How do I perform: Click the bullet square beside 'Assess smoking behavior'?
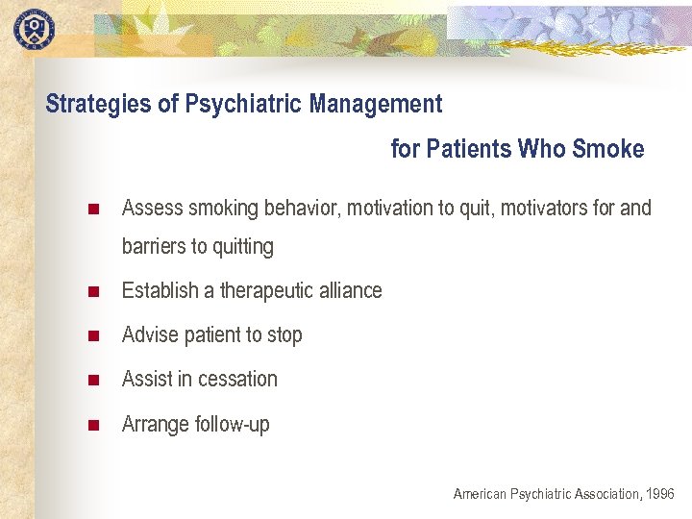point(92,209)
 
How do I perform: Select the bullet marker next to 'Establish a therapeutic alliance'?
point(92,291)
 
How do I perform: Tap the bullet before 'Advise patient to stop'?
point(92,335)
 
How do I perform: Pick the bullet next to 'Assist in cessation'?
point(92,380)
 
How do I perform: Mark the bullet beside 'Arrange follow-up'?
point(92,424)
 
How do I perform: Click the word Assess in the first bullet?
point(152,208)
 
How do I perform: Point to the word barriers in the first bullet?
point(154,246)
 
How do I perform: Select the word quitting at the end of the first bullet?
point(243,247)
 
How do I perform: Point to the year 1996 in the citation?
point(660,494)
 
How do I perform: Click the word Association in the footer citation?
point(605,494)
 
